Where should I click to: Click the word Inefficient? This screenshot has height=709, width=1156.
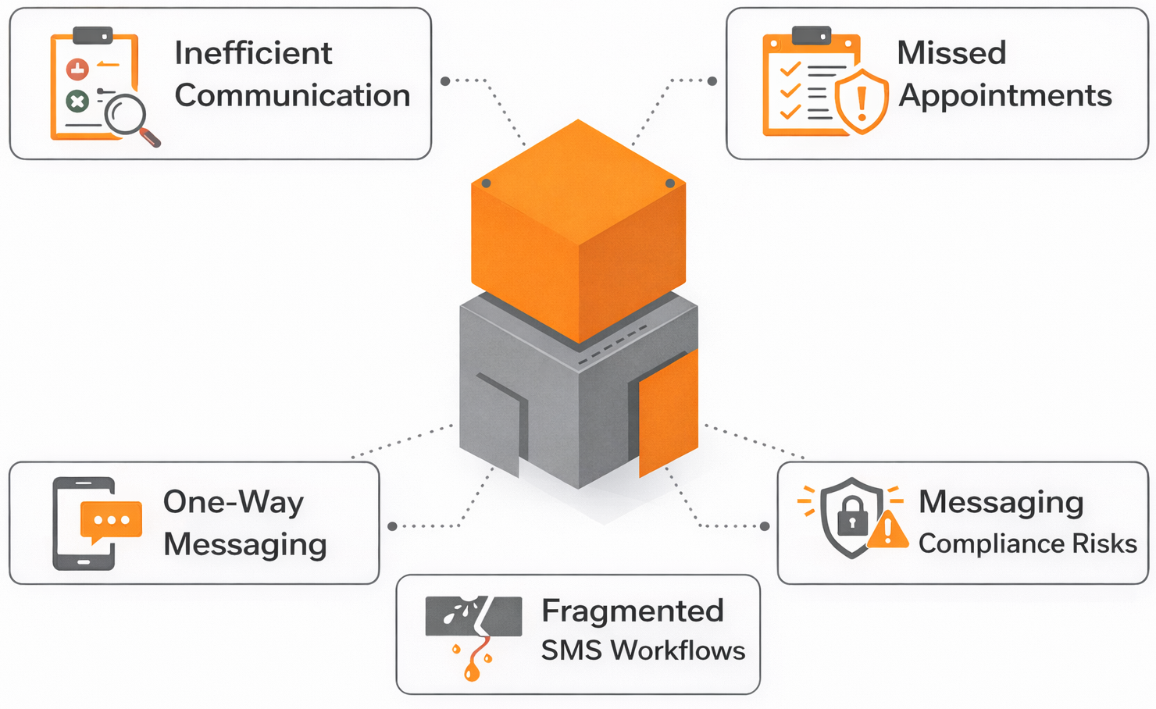253,53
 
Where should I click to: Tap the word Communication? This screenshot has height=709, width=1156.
292,95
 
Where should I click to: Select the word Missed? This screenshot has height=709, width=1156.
951,53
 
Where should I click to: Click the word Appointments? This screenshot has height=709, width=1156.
1004,95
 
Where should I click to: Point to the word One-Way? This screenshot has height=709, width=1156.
233,502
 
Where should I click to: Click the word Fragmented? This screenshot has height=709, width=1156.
633,611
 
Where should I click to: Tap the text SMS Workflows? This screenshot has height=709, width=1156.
643,650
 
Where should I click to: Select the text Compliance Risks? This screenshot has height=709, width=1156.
1027,543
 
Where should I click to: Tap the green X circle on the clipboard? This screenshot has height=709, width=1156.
77,101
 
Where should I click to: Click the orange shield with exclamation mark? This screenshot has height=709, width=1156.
862,102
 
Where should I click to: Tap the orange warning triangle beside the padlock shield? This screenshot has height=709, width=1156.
888,531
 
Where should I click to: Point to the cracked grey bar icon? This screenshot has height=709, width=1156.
473,617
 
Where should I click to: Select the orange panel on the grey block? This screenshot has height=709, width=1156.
668,414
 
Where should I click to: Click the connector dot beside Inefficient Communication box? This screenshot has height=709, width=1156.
445,81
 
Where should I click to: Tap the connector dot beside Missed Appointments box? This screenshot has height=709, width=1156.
712,81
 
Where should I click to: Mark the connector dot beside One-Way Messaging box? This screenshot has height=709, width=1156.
392,526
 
